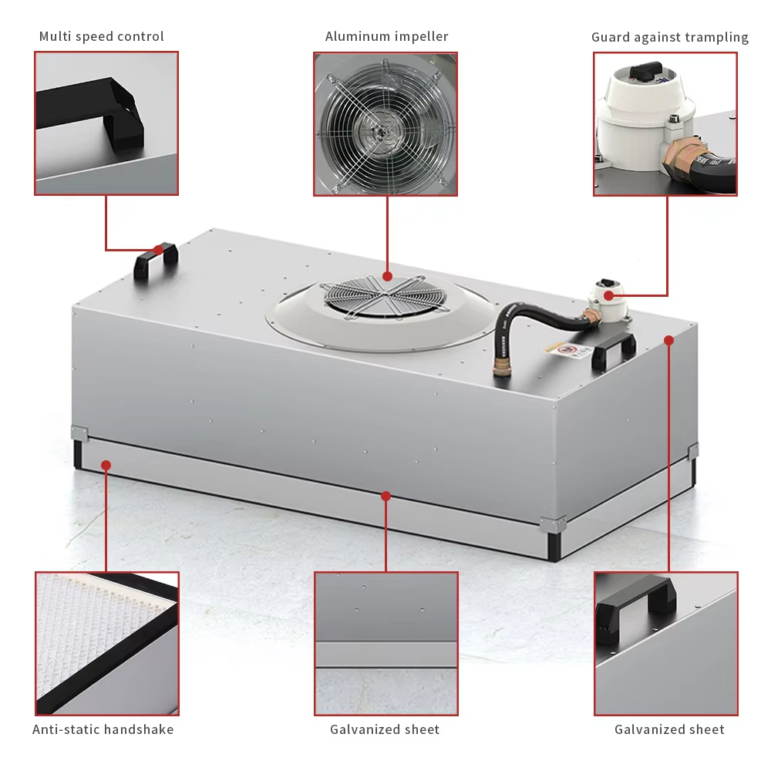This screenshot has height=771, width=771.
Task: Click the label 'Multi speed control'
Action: (x=101, y=36)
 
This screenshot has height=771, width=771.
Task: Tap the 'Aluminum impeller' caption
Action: (x=386, y=36)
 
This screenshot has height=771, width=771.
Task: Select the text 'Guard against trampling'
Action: (x=669, y=37)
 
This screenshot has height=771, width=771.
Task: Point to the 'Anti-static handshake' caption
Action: (x=103, y=729)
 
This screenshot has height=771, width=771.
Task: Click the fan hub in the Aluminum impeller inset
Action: (x=380, y=131)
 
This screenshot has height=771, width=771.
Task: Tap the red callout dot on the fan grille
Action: (x=387, y=276)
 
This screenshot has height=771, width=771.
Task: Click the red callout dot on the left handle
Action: (x=158, y=249)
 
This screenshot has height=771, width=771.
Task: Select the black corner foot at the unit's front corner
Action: (x=554, y=544)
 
